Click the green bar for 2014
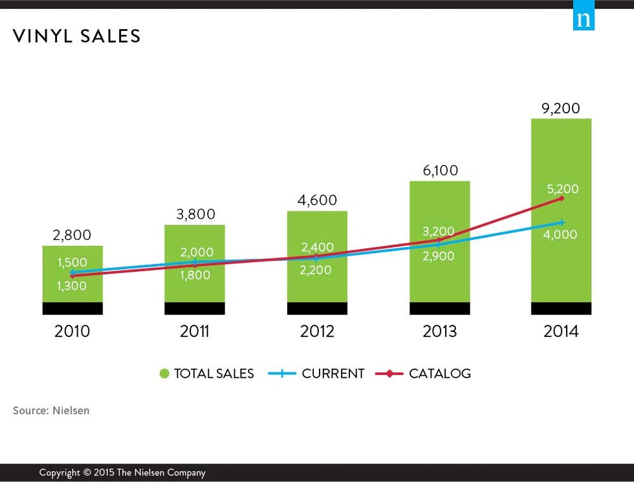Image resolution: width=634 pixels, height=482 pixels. click(x=561, y=155)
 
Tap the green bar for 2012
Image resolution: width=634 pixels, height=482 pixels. click(x=317, y=285)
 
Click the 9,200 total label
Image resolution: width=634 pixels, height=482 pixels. click(x=561, y=108)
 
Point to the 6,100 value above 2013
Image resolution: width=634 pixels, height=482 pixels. click(x=439, y=171)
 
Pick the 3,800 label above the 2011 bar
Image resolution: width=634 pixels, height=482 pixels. click(x=195, y=214)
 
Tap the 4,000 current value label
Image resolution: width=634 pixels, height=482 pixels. click(x=560, y=235)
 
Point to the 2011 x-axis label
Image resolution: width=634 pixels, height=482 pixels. click(x=195, y=331)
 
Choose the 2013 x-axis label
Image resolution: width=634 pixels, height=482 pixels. click(x=439, y=331)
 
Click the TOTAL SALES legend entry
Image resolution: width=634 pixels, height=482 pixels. click(x=206, y=373)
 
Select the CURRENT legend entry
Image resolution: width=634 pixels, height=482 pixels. click(x=316, y=373)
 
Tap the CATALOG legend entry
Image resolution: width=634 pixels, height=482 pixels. click(x=423, y=373)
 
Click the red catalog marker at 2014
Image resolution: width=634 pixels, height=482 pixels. click(x=562, y=198)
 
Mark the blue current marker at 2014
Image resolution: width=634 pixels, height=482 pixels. click(x=562, y=223)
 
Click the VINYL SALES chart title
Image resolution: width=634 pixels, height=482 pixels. click(x=76, y=36)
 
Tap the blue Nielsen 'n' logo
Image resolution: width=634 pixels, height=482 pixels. click(x=584, y=19)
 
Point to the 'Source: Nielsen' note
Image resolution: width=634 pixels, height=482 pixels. click(x=51, y=410)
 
